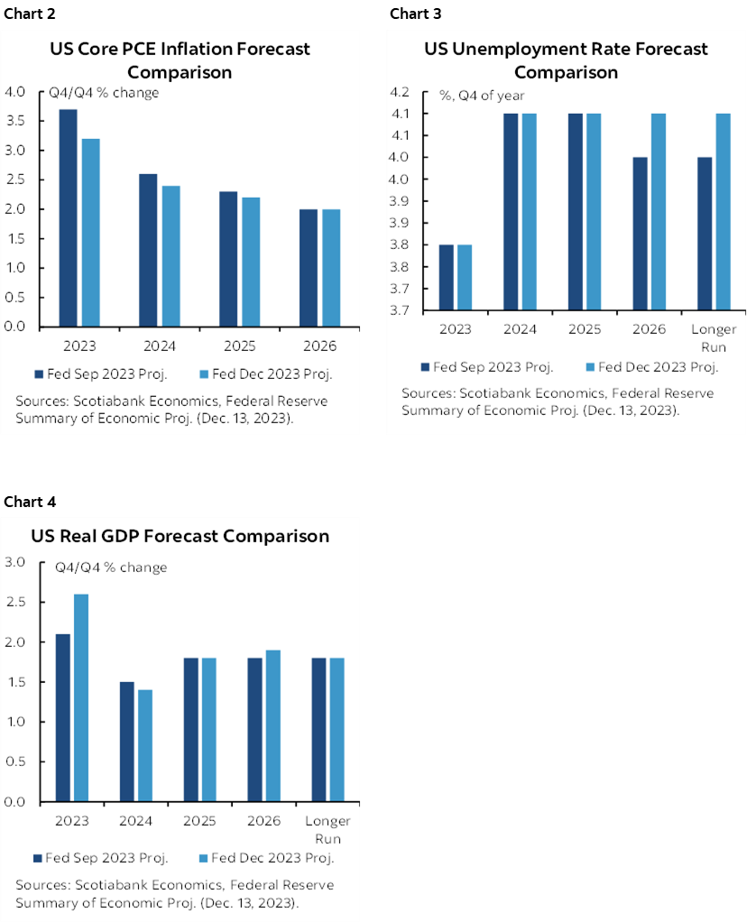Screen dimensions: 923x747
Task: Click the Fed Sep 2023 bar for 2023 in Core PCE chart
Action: tap(68, 217)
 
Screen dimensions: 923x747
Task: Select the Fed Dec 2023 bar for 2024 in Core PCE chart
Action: tap(171, 256)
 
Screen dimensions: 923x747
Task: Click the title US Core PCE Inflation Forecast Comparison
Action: tap(180, 60)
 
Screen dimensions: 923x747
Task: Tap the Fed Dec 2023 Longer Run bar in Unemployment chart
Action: tap(724, 212)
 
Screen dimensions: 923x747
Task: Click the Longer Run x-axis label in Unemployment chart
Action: tap(714, 337)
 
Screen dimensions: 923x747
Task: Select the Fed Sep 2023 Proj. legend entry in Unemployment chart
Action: tap(486, 366)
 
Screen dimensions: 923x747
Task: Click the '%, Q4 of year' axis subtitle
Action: tap(481, 96)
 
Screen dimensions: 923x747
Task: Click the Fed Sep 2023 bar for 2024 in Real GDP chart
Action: tap(126, 742)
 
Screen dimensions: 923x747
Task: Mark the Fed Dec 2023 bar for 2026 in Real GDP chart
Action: tap(272, 725)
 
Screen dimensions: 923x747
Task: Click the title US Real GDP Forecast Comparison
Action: tap(180, 536)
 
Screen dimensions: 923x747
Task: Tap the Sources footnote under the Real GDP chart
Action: tap(174, 894)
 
